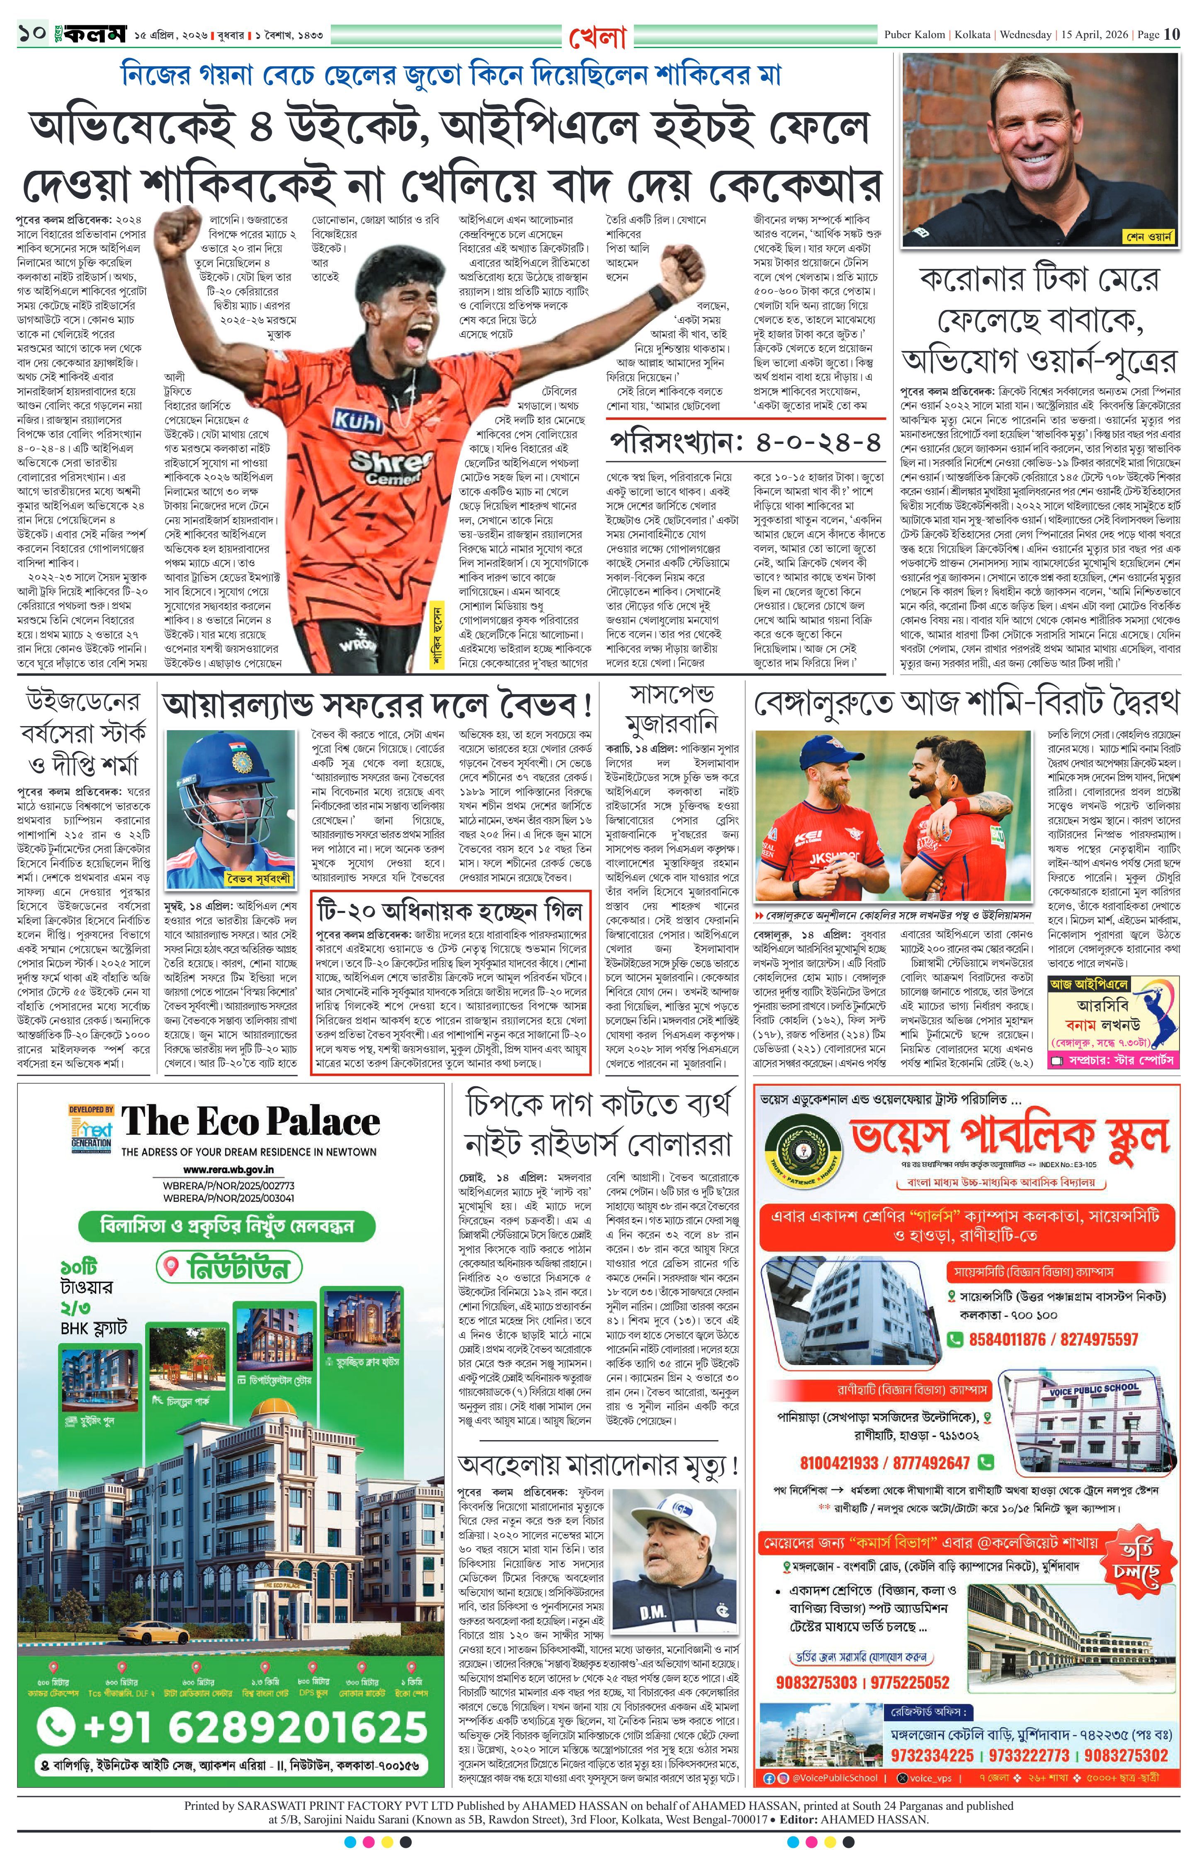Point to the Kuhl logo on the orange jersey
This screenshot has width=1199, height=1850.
click(357, 421)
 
